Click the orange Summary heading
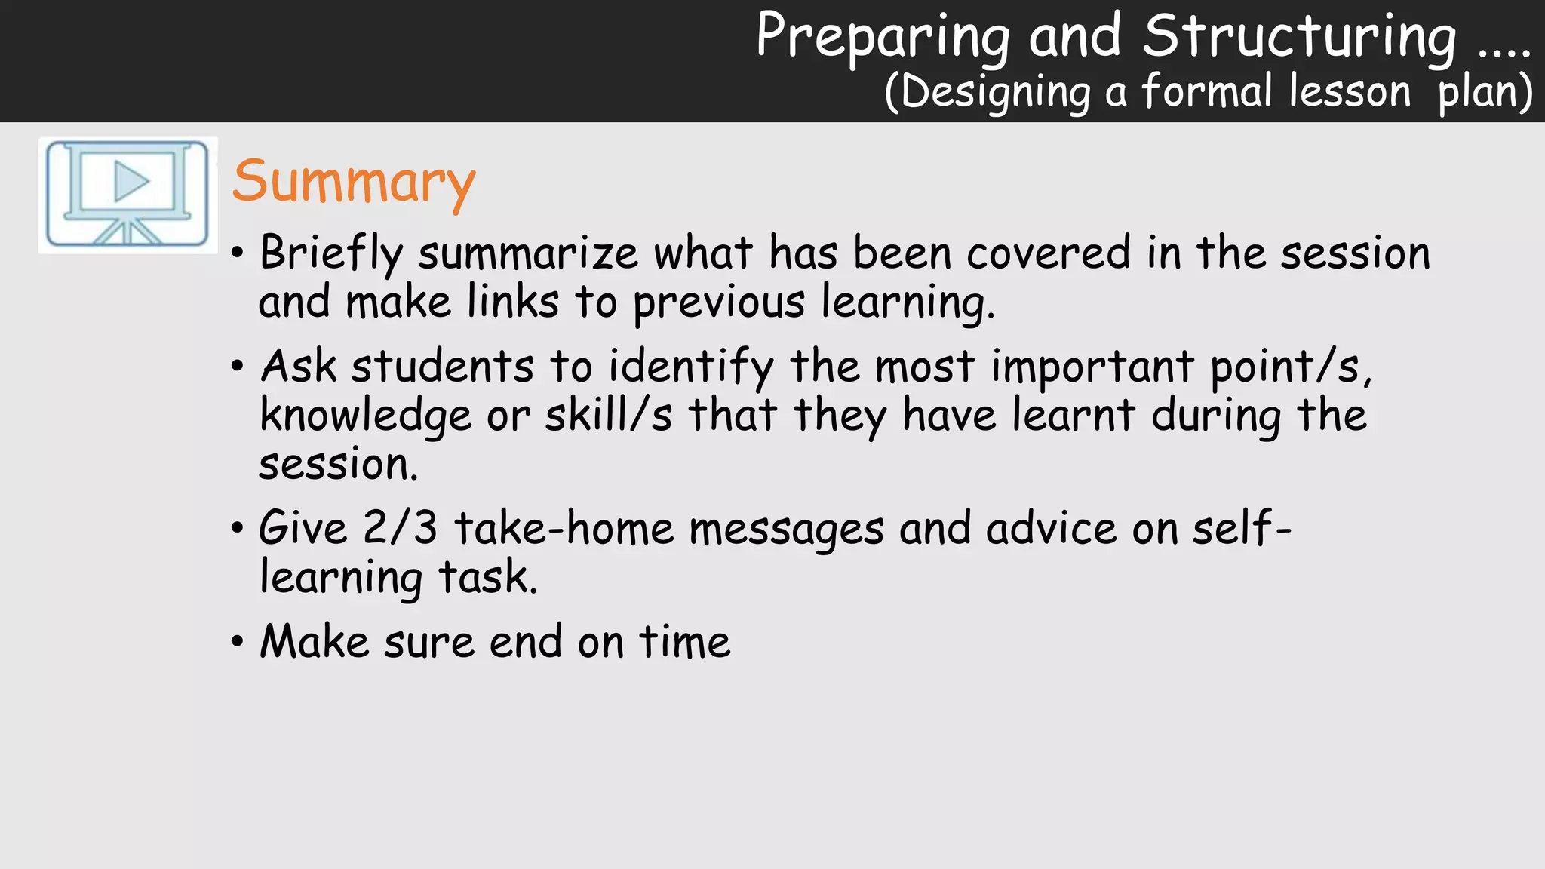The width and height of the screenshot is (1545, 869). coord(353,183)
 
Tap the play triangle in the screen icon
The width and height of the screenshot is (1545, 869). coord(131,182)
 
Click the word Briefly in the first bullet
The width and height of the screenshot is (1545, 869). coord(330,253)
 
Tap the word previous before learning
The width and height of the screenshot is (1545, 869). coord(718,302)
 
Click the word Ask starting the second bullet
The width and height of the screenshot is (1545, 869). coord(298,367)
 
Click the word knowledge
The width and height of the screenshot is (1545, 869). coord(365,416)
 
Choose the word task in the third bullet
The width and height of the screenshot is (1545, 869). coord(487,577)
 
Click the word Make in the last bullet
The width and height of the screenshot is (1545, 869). coord(314,642)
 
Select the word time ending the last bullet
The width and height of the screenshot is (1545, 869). coord(684,642)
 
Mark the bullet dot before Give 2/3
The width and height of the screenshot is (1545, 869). coord(238,528)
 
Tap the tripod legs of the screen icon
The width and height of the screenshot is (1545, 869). coord(127,232)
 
